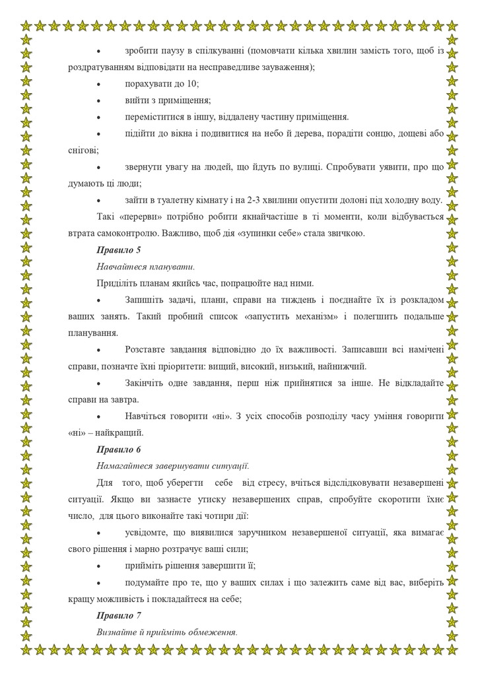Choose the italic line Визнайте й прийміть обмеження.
coord(167,632)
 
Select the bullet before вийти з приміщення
coord(98,101)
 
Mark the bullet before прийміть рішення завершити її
coord(98,566)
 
